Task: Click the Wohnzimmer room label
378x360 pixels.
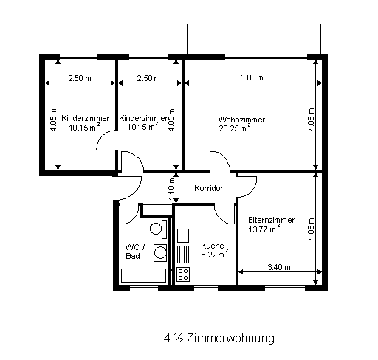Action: click(x=241, y=120)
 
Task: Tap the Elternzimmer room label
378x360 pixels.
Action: click(x=271, y=220)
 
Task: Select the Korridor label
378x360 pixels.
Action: click(x=208, y=188)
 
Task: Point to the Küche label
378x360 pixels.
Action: click(x=213, y=246)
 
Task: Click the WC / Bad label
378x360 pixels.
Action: click(x=135, y=252)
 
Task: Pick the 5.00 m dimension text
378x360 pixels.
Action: click(x=252, y=77)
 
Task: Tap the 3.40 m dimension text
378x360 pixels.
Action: click(x=279, y=267)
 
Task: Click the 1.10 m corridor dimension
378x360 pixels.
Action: click(x=172, y=189)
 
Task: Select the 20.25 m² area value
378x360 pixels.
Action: click(x=235, y=128)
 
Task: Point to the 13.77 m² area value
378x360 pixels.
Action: click(x=264, y=229)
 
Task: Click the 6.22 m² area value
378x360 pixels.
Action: click(x=215, y=254)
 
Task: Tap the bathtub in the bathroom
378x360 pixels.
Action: click(x=143, y=275)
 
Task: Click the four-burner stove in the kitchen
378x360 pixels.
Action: click(x=183, y=274)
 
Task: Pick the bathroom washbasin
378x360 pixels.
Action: click(x=160, y=253)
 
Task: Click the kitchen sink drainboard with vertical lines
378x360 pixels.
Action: click(x=183, y=255)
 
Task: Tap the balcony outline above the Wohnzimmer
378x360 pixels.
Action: click(x=254, y=24)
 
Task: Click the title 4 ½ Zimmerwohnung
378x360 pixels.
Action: click(x=219, y=339)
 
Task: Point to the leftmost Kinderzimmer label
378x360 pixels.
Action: click(x=85, y=118)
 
